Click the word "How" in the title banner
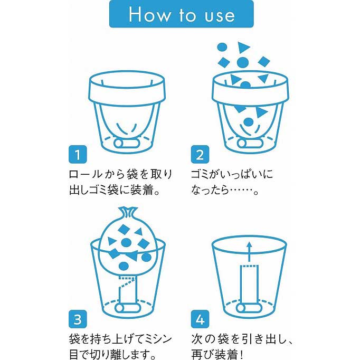[150, 14]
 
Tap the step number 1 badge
[78, 154]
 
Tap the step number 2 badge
[200, 154]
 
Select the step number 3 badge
[78, 319]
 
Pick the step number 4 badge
[200, 319]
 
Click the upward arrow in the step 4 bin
[249, 252]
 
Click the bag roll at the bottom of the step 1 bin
[127, 143]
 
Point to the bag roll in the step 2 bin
[250, 143]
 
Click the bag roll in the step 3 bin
[127, 308]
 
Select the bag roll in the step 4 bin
[249, 308]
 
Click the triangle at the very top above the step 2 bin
[243, 48]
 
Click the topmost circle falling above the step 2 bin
[222, 48]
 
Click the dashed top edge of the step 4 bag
[249, 266]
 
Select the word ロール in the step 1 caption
[86, 175]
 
